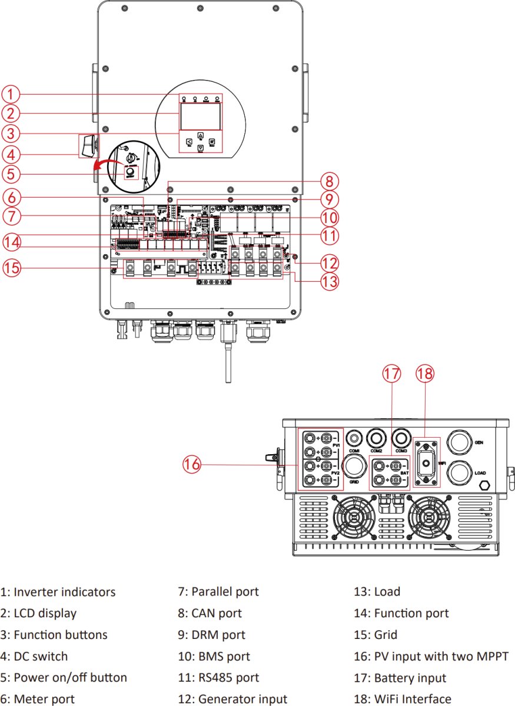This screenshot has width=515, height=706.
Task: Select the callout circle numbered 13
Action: (330, 282)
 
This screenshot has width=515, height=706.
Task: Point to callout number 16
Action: (191, 465)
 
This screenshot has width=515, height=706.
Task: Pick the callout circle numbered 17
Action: (393, 374)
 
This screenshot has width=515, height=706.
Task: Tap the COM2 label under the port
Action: (377, 451)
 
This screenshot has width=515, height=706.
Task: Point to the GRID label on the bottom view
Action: (353, 481)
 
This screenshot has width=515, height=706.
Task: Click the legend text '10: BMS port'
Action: (214, 656)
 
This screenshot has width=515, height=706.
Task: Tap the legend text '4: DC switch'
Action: (34, 656)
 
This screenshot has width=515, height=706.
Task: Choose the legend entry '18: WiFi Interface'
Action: (403, 699)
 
